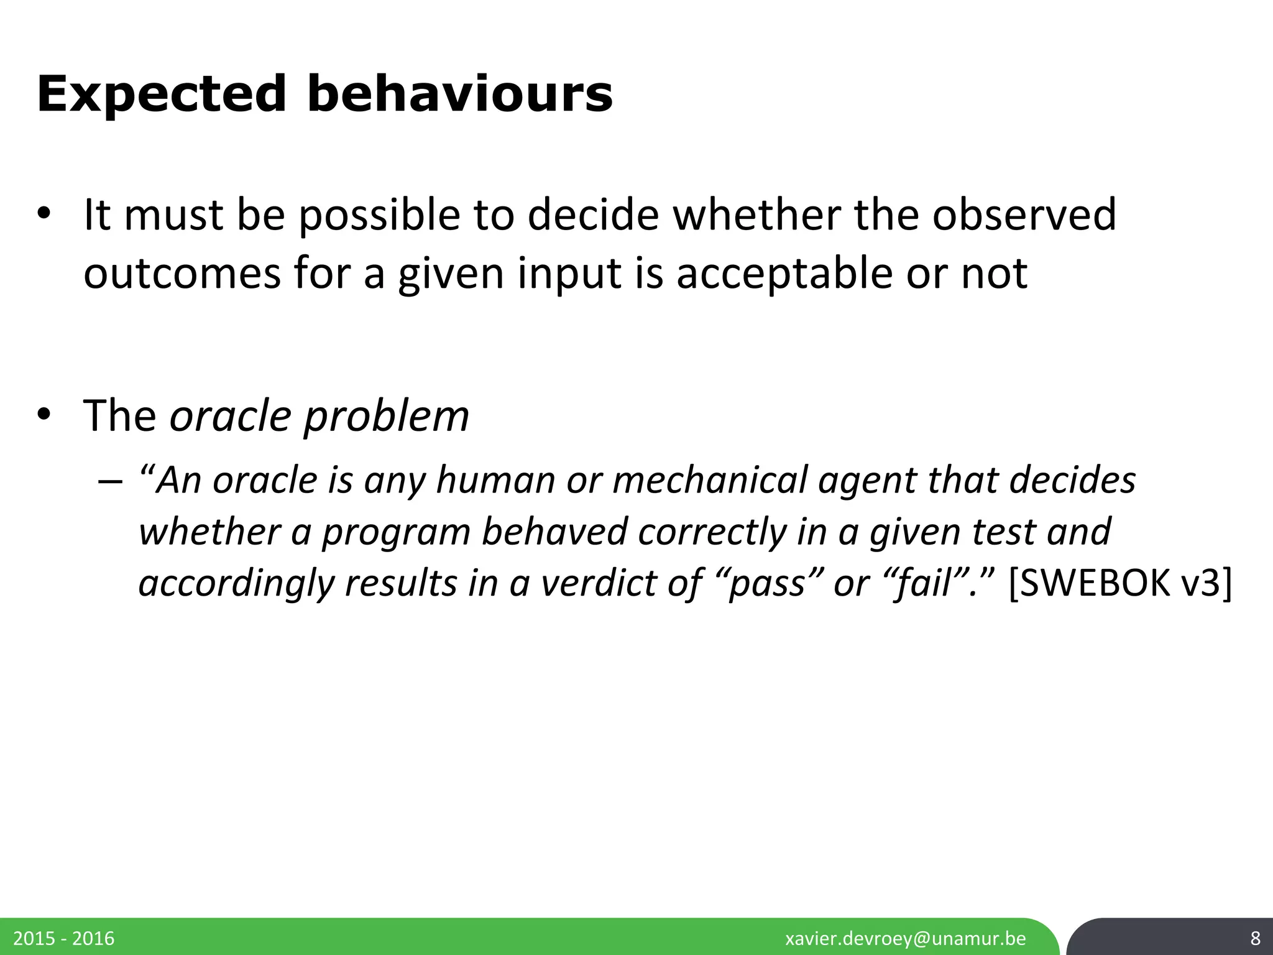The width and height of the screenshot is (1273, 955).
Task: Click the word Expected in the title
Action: tap(162, 95)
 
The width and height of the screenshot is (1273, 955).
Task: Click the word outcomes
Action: tap(182, 274)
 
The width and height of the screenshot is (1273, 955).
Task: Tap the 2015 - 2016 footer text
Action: tap(64, 938)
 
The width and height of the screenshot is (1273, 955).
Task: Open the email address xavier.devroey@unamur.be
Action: tap(906, 938)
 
